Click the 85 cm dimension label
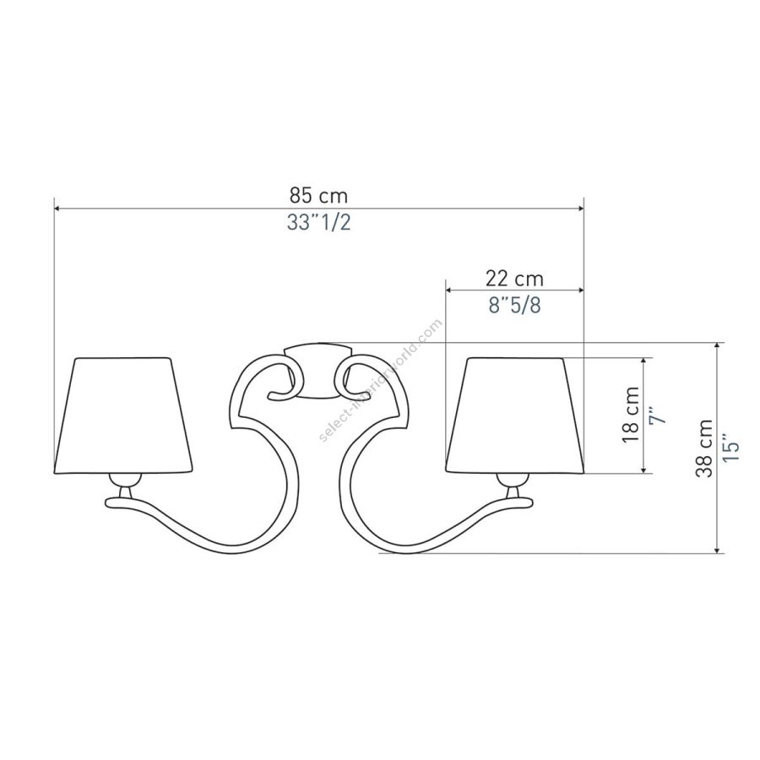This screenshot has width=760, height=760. (318, 196)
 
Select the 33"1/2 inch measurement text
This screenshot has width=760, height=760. (318, 222)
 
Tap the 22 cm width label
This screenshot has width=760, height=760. (515, 279)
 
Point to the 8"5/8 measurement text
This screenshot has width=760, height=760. (515, 306)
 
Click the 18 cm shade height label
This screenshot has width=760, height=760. (631, 415)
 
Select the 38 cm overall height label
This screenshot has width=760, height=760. (704, 448)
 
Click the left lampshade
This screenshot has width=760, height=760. (122, 415)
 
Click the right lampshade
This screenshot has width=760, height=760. (515, 415)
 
